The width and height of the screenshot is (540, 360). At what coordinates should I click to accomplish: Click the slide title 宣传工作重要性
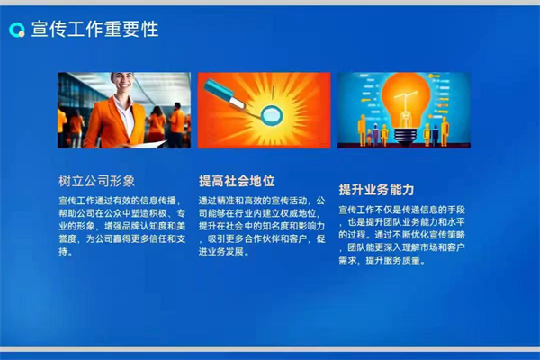94,30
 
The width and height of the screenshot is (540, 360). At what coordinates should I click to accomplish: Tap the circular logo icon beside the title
16,30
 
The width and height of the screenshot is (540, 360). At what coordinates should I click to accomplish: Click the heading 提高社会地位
237,180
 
